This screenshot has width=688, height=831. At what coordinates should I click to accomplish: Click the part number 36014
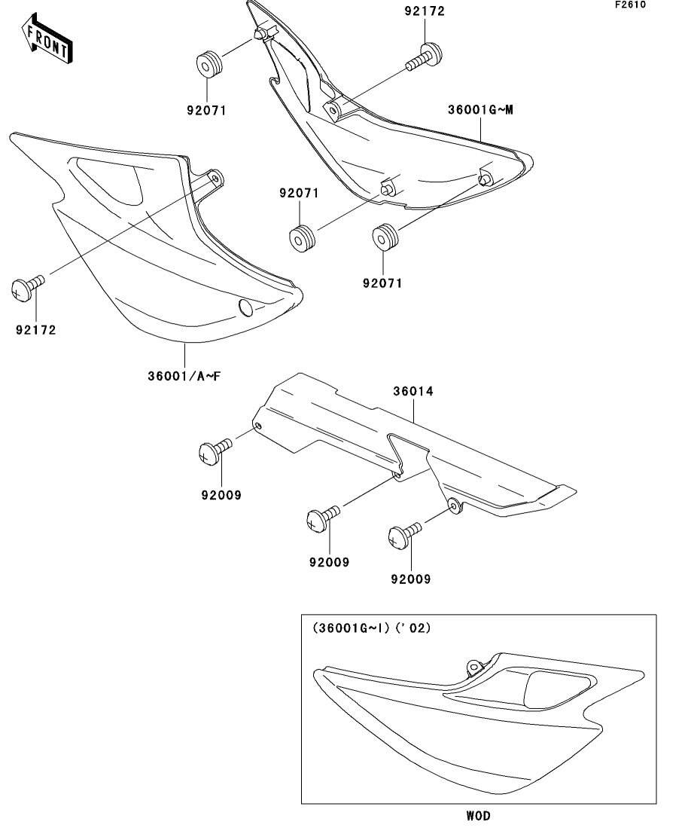coord(413,392)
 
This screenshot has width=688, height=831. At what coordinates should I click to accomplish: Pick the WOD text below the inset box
coord(477,816)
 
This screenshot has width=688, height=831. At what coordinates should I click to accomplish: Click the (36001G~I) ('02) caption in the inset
coord(372,628)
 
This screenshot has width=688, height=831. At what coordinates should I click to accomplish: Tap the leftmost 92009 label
coord(221,496)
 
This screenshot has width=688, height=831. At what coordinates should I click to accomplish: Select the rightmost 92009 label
coord(410,579)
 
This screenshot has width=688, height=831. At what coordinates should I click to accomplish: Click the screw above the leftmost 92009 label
coord(214,451)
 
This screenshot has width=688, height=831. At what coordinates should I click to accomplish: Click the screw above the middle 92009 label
coord(322,518)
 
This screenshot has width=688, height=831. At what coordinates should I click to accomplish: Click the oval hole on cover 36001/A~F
coord(246,306)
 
